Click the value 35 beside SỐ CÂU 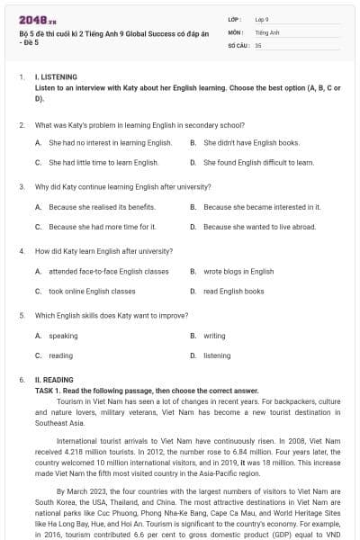258,44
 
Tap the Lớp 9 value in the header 262,19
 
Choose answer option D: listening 217,355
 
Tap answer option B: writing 214,336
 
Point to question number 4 22,251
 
